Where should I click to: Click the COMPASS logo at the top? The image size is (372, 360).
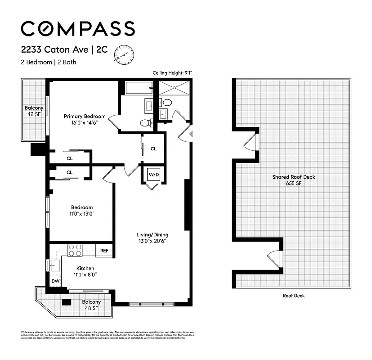77,28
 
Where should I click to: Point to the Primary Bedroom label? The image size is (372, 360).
85,117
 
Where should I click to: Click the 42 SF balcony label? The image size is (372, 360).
34,114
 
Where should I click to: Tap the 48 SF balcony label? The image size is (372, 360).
91,308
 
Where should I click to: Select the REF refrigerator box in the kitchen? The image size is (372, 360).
104,251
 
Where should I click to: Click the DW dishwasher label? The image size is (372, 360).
55,281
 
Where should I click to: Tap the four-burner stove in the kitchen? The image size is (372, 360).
75,250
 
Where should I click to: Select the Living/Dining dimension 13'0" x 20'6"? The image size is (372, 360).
152,241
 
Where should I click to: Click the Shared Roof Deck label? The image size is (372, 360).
293,177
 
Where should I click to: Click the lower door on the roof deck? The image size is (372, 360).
275,260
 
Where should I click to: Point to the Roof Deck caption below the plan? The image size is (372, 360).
293,296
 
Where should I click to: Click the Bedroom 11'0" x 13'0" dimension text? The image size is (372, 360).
81,214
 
